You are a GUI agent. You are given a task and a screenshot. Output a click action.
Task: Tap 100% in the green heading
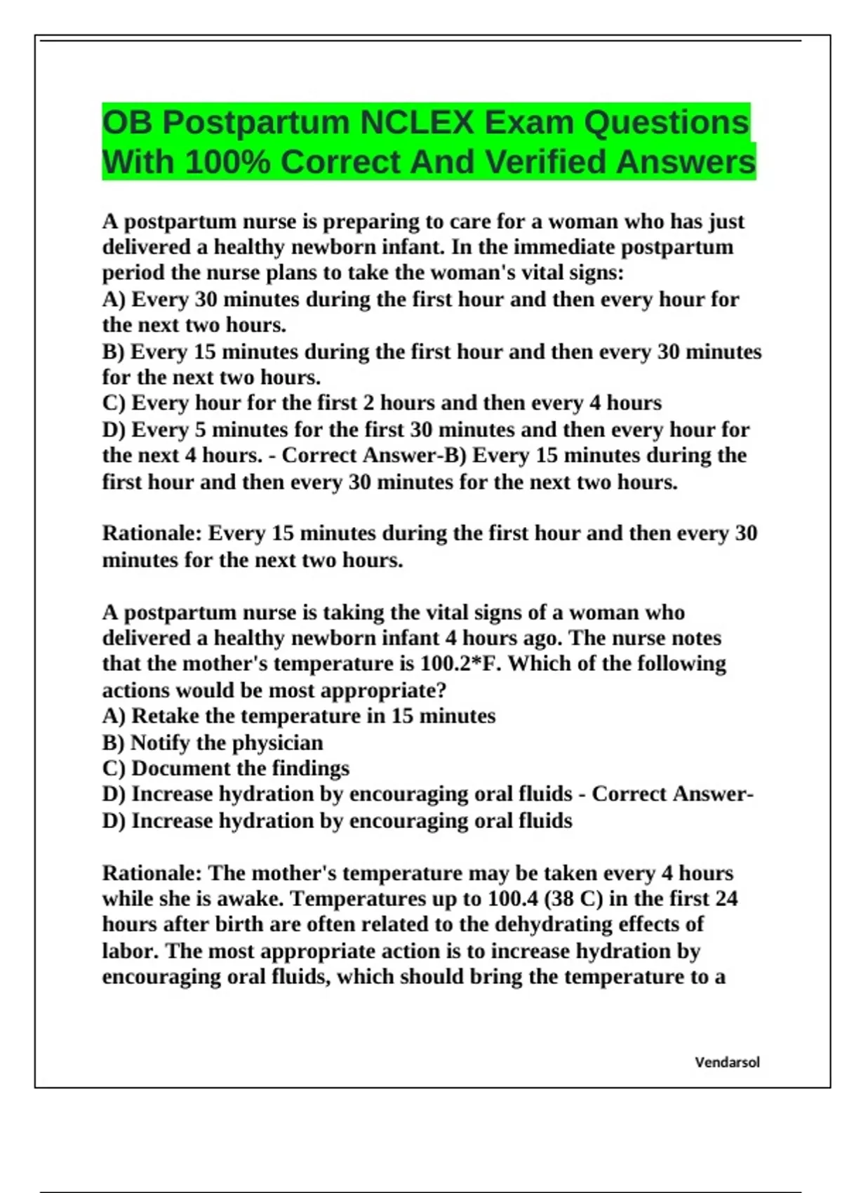227,162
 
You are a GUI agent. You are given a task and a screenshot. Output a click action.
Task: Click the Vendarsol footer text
727,1062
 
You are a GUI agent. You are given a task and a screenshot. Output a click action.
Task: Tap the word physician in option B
277,742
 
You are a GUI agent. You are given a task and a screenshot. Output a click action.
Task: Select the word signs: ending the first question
596,272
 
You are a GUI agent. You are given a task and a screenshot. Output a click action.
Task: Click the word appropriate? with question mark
383,691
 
